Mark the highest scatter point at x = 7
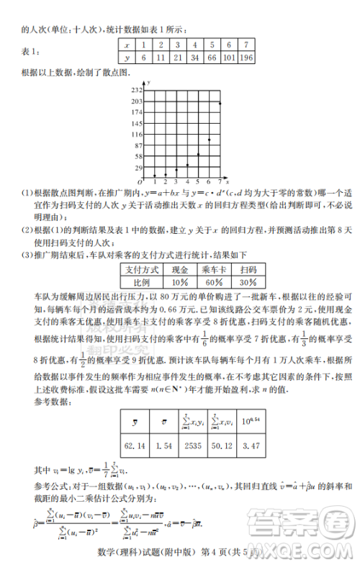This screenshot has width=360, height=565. (x=219, y=103)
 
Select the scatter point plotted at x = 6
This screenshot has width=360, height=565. (x=209, y=140)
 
